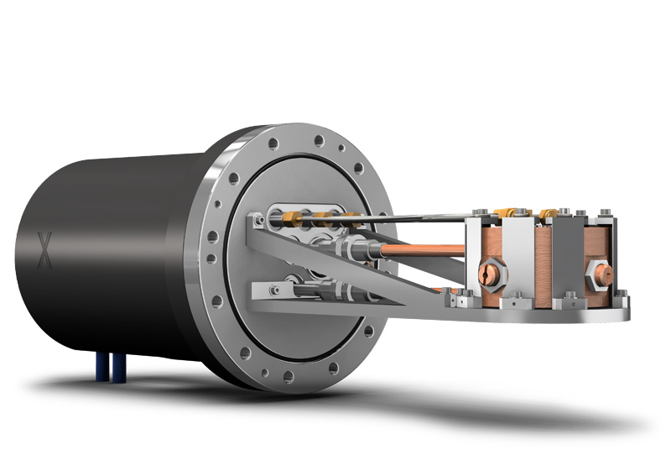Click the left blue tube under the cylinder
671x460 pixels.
tap(101, 367)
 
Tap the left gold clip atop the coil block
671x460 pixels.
tap(507, 213)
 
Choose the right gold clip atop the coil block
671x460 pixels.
tap(550, 213)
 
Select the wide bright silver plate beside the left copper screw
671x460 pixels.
tap(517, 260)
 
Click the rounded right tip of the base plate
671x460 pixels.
tap(624, 311)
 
